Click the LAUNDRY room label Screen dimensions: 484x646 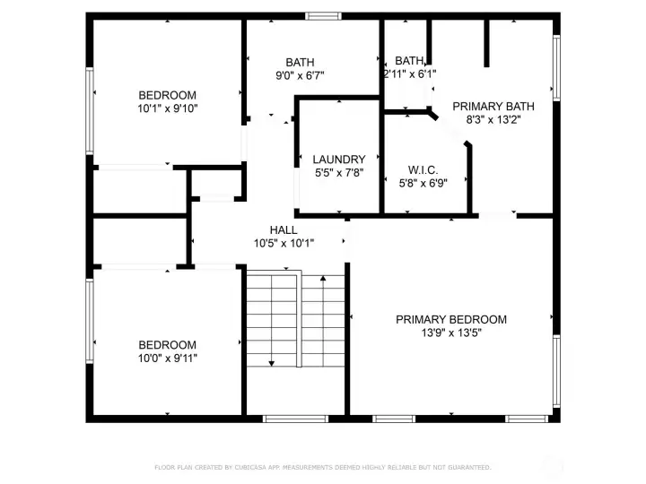[339, 159]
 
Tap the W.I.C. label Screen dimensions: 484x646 [423, 169]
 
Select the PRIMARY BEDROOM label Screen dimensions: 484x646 [451, 319]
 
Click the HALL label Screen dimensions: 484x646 [284, 229]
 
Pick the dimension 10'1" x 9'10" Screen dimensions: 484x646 [167, 108]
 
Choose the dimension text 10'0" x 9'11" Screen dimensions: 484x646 [167, 358]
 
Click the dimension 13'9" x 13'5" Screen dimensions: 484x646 [451, 333]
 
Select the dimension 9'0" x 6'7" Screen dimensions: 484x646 [300, 75]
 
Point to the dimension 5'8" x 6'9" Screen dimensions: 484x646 [423, 183]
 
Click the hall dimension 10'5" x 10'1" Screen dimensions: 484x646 [284, 243]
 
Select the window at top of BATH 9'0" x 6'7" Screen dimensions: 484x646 [323, 15]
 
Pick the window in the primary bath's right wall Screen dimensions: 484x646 [556, 67]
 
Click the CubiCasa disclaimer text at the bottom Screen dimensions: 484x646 [323, 467]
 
